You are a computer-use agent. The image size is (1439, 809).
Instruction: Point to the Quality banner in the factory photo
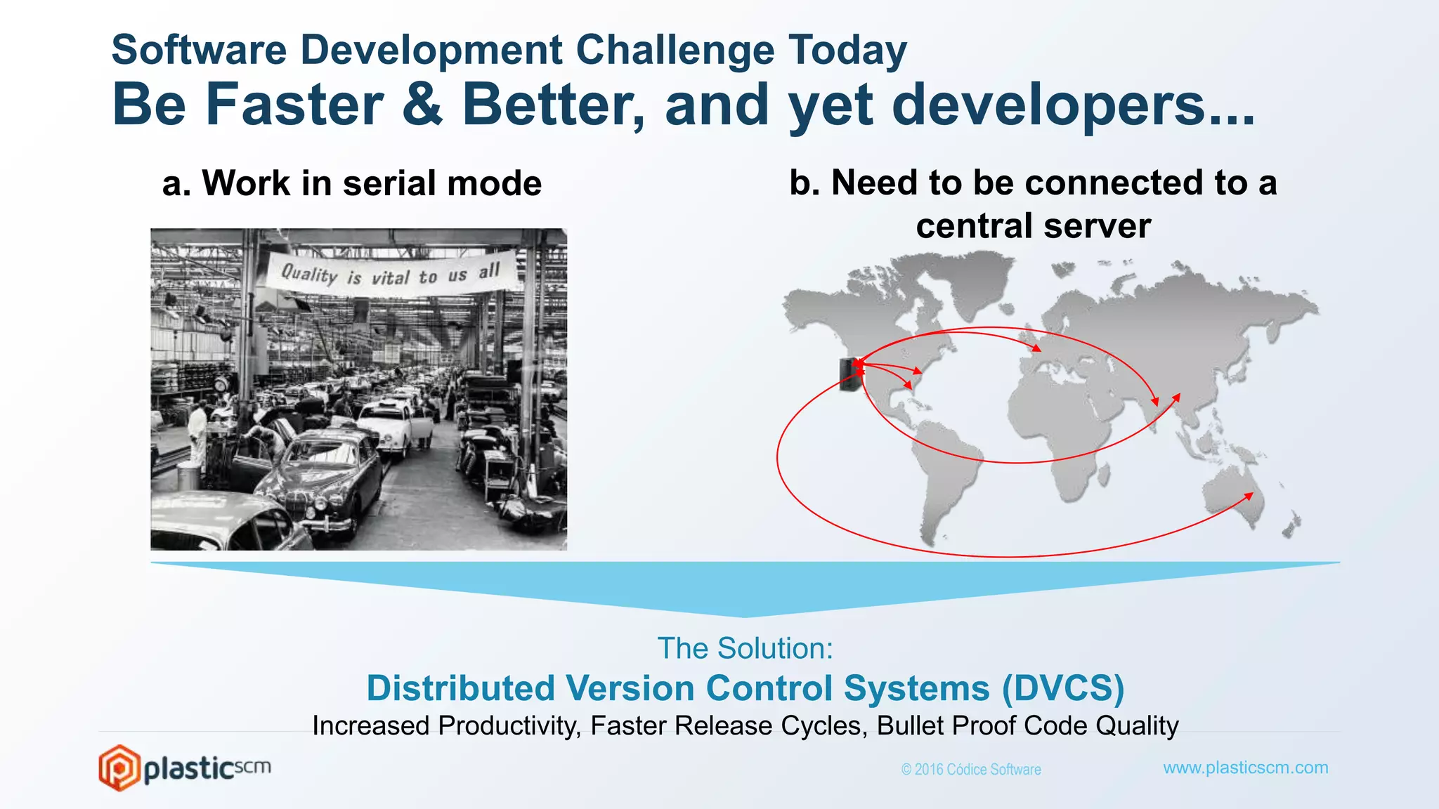[x=391, y=275]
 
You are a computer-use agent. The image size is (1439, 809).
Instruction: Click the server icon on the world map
[x=848, y=374]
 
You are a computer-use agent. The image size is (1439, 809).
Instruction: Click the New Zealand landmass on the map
[x=1291, y=524]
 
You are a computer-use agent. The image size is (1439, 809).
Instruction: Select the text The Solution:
[x=745, y=648]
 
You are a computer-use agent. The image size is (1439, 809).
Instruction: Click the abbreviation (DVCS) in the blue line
[x=1062, y=688]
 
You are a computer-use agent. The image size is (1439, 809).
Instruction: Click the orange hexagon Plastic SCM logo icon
[x=119, y=768]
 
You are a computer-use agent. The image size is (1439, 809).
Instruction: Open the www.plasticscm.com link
[x=1245, y=768]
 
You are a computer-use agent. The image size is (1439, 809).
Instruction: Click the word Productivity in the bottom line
[x=509, y=725]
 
